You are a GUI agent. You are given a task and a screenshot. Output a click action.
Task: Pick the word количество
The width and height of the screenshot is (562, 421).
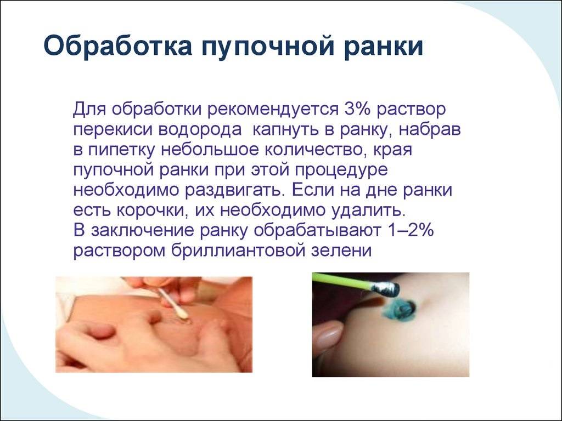tap(315, 150)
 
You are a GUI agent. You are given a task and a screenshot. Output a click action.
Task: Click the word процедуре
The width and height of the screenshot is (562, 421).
tap(341, 170)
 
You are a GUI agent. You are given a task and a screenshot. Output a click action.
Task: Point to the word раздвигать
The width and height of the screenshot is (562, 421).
tap(235, 190)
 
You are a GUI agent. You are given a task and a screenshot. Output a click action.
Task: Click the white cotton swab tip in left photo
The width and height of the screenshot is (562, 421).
tap(182, 313)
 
